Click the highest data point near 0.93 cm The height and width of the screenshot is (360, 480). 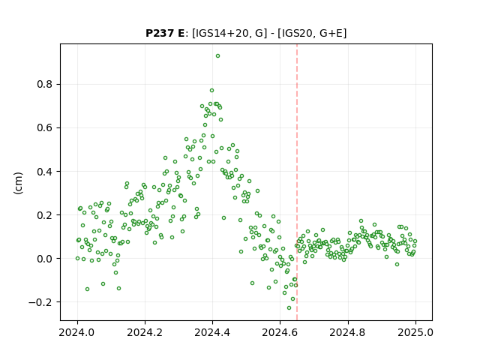click(x=217, y=56)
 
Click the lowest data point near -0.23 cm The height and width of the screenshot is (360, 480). click(x=289, y=308)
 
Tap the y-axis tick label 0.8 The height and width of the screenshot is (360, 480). click(x=44, y=84)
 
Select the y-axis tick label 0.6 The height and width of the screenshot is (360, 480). click(x=44, y=127)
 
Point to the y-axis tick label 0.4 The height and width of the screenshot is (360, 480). click(x=44, y=172)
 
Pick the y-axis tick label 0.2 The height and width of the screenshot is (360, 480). click(x=44, y=215)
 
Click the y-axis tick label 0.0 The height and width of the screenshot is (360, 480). click(x=44, y=259)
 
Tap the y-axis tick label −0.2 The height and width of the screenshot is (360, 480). click(x=40, y=302)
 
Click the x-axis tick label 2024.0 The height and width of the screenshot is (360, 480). click(x=77, y=332)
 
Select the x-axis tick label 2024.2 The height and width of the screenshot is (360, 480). click(x=145, y=332)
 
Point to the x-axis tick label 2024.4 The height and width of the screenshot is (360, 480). click(x=212, y=332)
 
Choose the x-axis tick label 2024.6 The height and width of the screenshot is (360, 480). click(x=280, y=332)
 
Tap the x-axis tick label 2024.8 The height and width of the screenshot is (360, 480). click(x=347, y=332)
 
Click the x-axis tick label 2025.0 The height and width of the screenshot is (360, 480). click(x=415, y=332)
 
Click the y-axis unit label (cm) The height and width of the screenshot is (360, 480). click(x=18, y=183)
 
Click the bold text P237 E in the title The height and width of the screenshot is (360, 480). click(x=165, y=33)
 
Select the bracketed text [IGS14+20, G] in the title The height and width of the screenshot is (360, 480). click(x=228, y=33)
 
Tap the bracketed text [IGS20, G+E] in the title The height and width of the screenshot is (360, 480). click(x=312, y=33)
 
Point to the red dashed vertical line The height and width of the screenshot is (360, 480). click(x=297, y=182)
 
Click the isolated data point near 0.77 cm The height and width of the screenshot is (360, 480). click(x=211, y=90)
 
